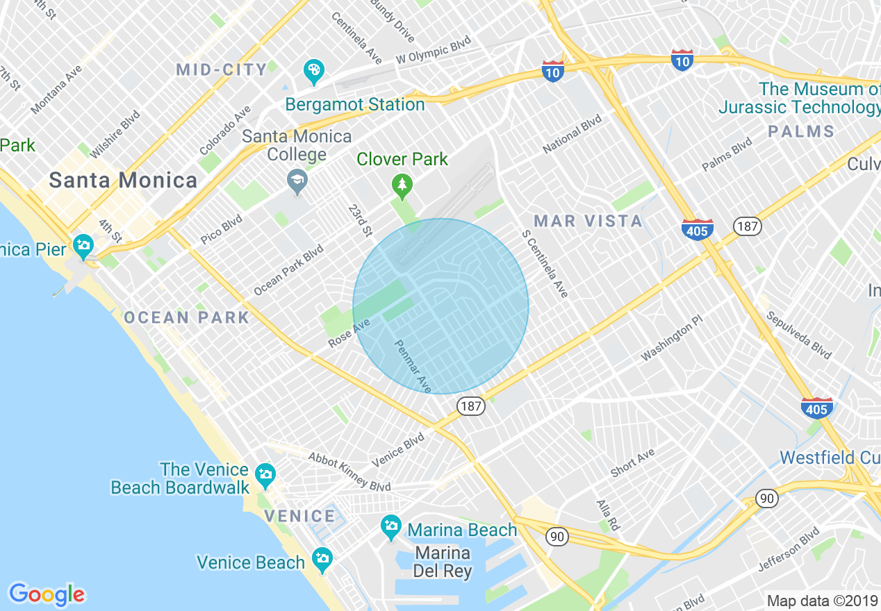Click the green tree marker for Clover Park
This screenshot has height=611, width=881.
[402, 185]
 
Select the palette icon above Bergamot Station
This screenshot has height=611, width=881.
[314, 70]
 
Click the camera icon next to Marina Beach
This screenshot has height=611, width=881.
[391, 526]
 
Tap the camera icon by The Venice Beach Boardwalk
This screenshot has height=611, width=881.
[265, 475]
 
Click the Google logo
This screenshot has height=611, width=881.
[47, 594]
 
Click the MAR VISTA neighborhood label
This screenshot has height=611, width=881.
[588, 221]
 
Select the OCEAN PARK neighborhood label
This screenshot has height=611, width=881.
[186, 318]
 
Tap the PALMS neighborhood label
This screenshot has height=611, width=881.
[801, 131]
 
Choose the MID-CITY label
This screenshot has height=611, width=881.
[221, 69]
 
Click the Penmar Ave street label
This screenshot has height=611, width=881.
[413, 365]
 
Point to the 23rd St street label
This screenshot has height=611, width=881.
[360, 220]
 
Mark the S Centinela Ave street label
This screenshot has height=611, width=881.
[545, 264]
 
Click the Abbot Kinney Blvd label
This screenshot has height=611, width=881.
[349, 472]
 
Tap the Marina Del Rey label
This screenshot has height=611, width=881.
[443, 562]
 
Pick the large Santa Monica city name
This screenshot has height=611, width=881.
[123, 181]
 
